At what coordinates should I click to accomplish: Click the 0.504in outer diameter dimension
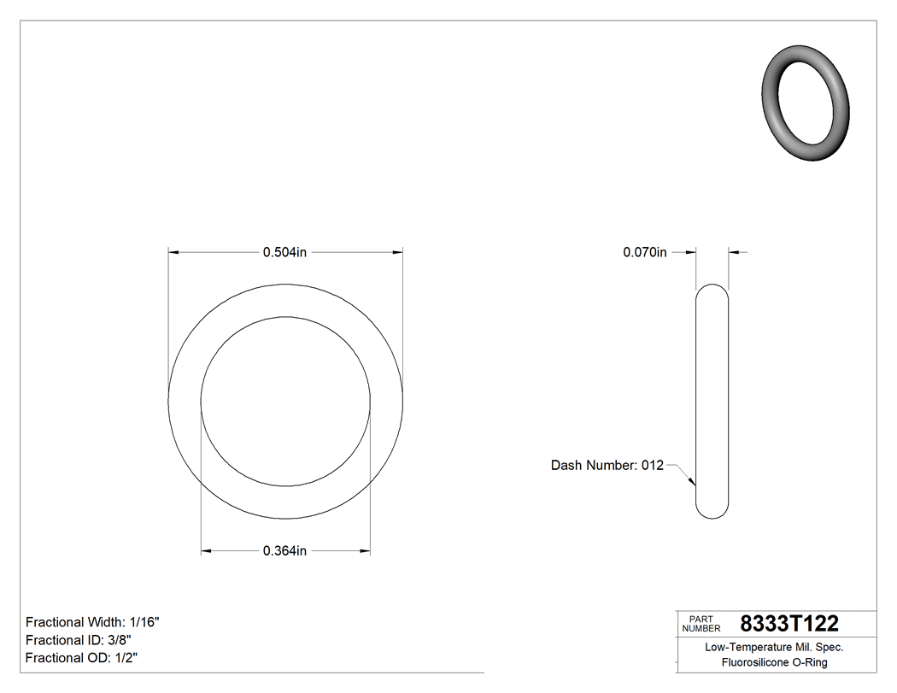pyautogui.click(x=284, y=252)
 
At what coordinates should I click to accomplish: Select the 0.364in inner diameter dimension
pyautogui.click(x=284, y=551)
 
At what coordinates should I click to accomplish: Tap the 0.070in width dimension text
pyautogui.click(x=644, y=252)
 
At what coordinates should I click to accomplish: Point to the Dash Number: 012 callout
pyautogui.click(x=607, y=466)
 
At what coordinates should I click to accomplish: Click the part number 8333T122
pyautogui.click(x=789, y=623)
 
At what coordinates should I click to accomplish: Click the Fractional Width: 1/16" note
pyautogui.click(x=92, y=622)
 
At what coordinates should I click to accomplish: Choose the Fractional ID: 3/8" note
pyautogui.click(x=79, y=640)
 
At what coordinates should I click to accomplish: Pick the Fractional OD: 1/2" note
pyautogui.click(x=81, y=658)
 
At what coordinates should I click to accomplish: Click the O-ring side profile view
pyautogui.click(x=712, y=402)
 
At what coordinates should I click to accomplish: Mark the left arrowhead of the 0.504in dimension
pyautogui.click(x=173, y=252)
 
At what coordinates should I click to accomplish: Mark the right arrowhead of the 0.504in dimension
pyautogui.click(x=397, y=252)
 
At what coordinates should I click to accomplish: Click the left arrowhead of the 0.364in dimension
pyautogui.click(x=206, y=551)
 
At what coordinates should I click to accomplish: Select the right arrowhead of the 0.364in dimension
pyautogui.click(x=365, y=551)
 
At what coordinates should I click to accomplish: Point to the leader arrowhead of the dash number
pyautogui.click(x=693, y=483)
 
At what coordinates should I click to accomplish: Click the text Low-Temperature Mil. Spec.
pyautogui.click(x=774, y=648)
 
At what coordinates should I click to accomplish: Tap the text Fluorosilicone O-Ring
pyautogui.click(x=774, y=662)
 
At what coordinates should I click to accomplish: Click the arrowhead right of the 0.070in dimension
pyautogui.click(x=733, y=252)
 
